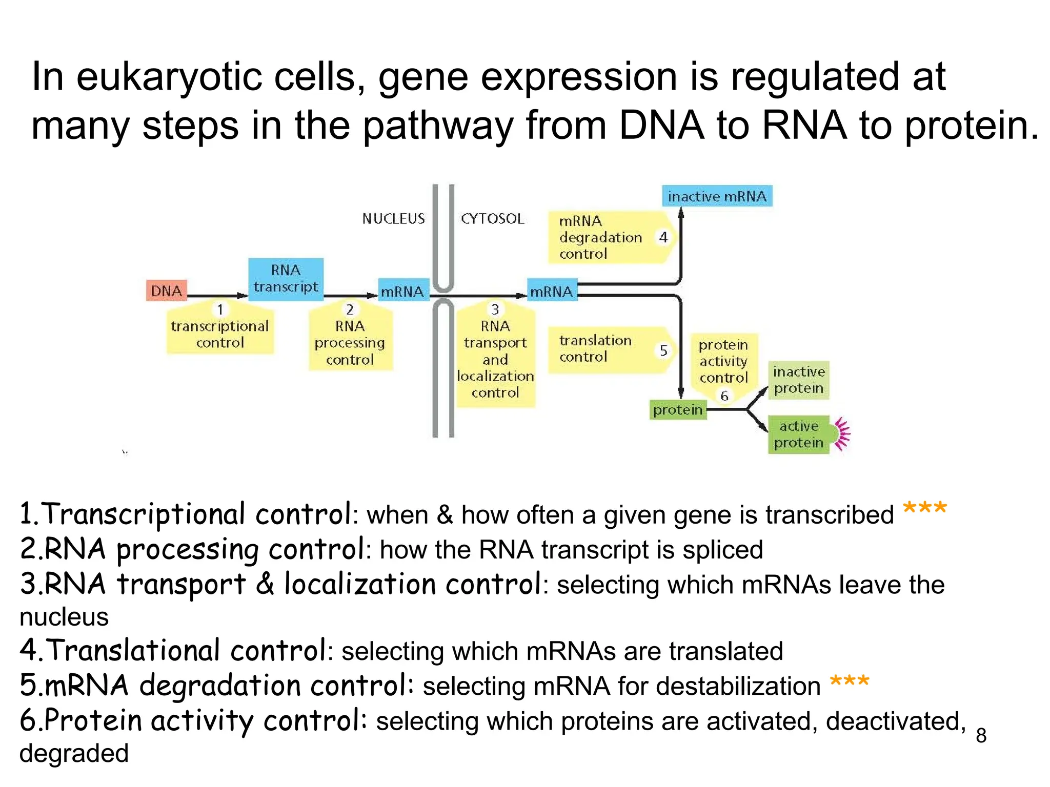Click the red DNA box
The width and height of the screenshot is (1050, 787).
point(167,291)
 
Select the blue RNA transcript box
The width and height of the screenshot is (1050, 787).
point(286,279)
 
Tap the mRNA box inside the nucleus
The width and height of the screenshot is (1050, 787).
point(403,291)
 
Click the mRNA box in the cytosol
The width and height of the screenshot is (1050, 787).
point(552,291)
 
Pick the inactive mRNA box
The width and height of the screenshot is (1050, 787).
point(717,196)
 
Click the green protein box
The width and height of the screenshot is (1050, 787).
point(677,409)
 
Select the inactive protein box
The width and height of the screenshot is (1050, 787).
point(798,380)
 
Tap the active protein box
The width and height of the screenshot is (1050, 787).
point(798,434)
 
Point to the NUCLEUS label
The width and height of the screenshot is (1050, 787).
point(393,219)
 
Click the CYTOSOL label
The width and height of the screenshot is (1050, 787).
point(492,219)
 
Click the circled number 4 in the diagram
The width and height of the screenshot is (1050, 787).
point(663,237)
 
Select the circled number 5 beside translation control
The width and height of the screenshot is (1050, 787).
point(663,350)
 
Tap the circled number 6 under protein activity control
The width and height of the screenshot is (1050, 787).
point(724,396)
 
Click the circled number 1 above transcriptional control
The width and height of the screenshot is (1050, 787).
point(220,309)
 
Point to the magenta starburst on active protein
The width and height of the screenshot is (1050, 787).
point(842,434)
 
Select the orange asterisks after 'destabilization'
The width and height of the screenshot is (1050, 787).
point(849,682)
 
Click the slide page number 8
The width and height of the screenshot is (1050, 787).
point(981,735)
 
